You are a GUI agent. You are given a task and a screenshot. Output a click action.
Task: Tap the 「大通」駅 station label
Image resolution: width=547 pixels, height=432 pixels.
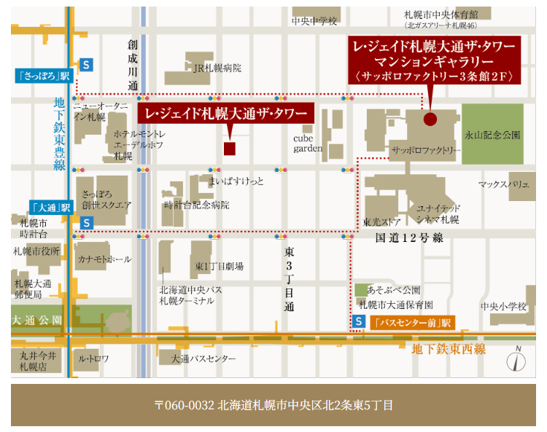click(x=50, y=208)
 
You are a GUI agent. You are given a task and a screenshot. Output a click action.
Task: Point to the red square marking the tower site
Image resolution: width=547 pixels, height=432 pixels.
click(x=230, y=149)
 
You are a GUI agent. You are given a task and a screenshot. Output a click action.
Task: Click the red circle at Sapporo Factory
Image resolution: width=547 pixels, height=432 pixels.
click(x=430, y=119)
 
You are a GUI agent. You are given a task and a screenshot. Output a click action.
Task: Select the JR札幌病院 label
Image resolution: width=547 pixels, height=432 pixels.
click(x=217, y=68)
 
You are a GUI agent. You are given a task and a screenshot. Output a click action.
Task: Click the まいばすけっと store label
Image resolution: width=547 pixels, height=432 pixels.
click(x=236, y=181)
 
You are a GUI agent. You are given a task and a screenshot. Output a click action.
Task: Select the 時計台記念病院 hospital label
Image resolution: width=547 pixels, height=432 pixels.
click(x=197, y=205)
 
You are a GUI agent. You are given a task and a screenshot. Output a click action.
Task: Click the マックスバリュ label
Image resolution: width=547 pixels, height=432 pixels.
click(x=503, y=185)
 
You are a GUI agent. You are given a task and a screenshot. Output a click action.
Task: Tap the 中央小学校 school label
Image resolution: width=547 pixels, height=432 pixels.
click(x=504, y=307)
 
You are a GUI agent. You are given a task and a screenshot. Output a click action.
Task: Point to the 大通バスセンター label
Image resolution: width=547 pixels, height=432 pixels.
click(x=203, y=358)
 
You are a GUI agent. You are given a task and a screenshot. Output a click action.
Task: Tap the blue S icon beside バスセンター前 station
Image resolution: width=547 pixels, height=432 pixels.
click(x=358, y=321)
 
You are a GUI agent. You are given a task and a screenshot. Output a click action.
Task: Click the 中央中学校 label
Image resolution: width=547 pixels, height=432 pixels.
click(x=314, y=21)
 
